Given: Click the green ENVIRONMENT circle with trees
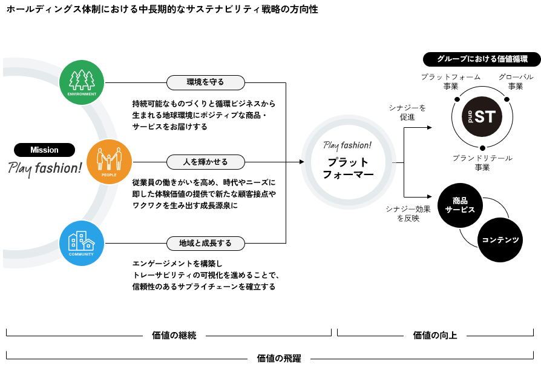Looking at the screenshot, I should tap(82, 82).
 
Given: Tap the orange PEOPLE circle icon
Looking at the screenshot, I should tap(110, 162).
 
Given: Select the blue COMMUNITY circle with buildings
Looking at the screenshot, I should tap(82, 244).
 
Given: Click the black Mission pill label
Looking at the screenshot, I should tap(45, 150).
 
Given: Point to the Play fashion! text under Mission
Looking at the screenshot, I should tap(45, 168).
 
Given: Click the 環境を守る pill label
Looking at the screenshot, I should tap(206, 82).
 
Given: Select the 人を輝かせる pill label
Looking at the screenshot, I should tap(206, 162).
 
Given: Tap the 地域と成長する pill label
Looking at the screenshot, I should tap(206, 244).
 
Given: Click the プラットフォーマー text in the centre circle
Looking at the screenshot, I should tap(348, 168).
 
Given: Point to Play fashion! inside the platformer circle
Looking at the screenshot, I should tap(347, 145).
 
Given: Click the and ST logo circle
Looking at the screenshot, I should tap(482, 117).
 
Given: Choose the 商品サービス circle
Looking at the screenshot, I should tap(460, 205).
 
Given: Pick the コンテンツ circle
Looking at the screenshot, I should tap(500, 240).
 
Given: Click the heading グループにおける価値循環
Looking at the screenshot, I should tap(482, 59).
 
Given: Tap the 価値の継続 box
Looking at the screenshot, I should tap(174, 336).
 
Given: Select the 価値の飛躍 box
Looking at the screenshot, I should tap(279, 358).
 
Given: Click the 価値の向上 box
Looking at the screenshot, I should tap(435, 336).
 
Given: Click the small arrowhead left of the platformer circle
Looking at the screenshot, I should tap(302, 162).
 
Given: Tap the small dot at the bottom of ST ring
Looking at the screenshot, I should tap(482, 148).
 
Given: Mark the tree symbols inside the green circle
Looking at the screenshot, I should tap(82, 79).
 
